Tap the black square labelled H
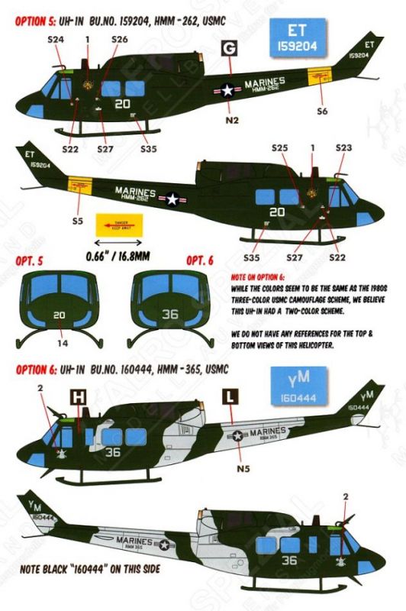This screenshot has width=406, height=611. [x=79, y=397]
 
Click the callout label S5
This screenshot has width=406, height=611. [x=75, y=221]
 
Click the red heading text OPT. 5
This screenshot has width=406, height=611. [x=29, y=261]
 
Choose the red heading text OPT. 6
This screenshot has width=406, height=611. [x=200, y=261]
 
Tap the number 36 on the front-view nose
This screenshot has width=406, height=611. [x=171, y=312]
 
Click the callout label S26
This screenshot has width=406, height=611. [x=119, y=38]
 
